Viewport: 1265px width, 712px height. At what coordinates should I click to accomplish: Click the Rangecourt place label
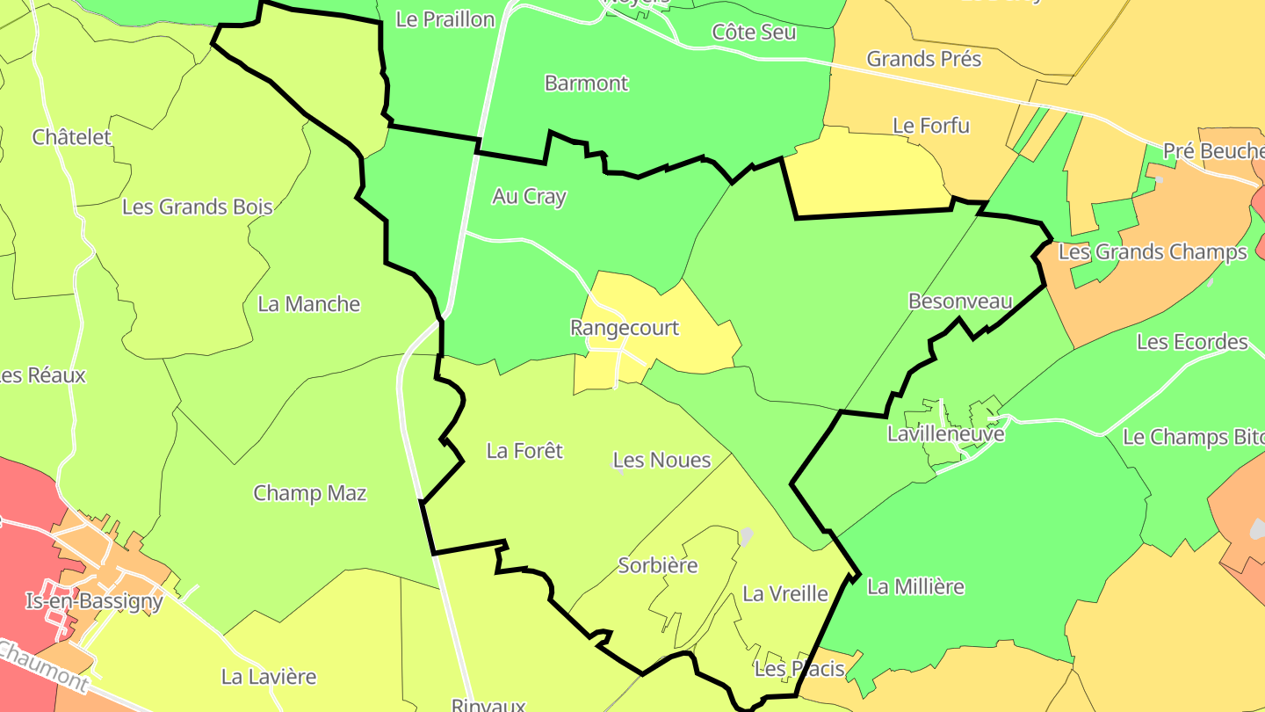pyautogui.click(x=625, y=328)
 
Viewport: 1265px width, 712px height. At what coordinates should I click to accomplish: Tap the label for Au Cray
pyautogui.click(x=529, y=196)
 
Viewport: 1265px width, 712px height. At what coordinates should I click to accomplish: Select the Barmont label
pyautogui.click(x=586, y=84)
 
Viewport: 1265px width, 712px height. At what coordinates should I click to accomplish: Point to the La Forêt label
pyautogui.click(x=524, y=451)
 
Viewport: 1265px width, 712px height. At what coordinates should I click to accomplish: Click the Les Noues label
pyautogui.click(x=661, y=460)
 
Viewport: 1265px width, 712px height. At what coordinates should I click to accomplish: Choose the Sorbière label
pyautogui.click(x=658, y=565)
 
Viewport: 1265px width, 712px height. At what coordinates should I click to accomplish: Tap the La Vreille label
pyautogui.click(x=785, y=593)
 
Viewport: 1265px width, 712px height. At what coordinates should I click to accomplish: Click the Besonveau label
pyautogui.click(x=960, y=302)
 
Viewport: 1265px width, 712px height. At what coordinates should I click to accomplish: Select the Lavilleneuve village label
pyautogui.click(x=945, y=433)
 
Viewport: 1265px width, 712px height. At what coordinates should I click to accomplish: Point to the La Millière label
pyautogui.click(x=915, y=586)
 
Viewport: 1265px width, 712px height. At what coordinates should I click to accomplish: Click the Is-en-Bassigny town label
pyautogui.click(x=94, y=601)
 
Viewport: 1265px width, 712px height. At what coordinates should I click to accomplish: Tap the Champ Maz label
pyautogui.click(x=309, y=493)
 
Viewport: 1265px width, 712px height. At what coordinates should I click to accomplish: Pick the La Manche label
pyautogui.click(x=308, y=304)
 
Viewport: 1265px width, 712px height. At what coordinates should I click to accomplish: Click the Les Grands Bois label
pyautogui.click(x=197, y=207)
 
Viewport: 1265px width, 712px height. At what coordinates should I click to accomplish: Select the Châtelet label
pyautogui.click(x=72, y=137)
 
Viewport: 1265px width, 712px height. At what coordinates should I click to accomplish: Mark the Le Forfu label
pyautogui.click(x=930, y=126)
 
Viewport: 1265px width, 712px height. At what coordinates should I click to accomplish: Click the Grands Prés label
pyautogui.click(x=923, y=59)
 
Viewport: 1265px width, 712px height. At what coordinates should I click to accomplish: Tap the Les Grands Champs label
pyautogui.click(x=1152, y=252)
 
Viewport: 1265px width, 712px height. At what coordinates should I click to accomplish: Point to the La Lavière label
pyautogui.click(x=268, y=677)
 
